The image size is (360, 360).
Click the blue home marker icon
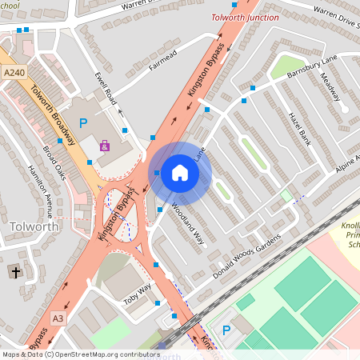click(x=180, y=172)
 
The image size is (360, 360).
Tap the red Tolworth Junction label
click(x=245, y=17)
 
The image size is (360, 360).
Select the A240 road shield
click(x=14, y=73)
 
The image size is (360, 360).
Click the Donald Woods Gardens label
click(x=248, y=255)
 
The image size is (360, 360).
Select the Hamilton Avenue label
click(x=39, y=190)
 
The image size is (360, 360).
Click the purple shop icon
click(x=105, y=146)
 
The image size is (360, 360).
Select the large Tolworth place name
click(x=34, y=226)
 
